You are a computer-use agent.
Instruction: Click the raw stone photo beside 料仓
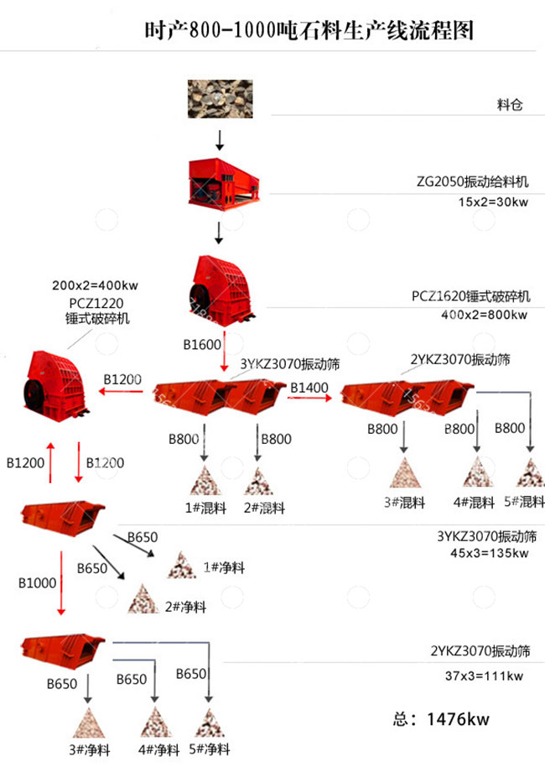click(220, 99)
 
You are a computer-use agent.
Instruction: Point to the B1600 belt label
click(201, 344)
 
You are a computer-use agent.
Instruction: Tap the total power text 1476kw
click(441, 719)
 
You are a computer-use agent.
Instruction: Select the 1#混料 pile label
click(201, 508)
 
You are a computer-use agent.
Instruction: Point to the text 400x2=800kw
click(484, 315)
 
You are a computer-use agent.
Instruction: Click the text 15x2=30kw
click(494, 202)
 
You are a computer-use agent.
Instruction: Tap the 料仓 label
click(510, 106)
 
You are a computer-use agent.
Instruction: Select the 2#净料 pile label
click(182, 607)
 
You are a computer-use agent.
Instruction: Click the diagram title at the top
click(309, 31)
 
